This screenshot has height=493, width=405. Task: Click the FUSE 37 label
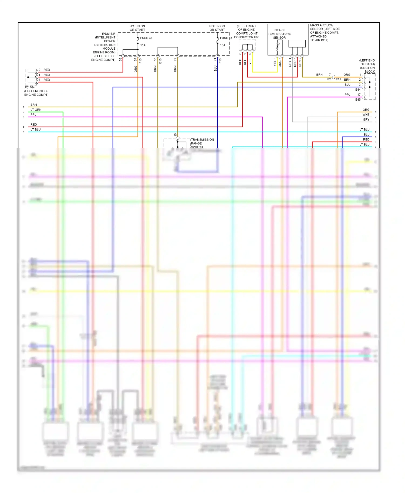(146, 38)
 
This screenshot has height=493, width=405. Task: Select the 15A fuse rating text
(143, 45)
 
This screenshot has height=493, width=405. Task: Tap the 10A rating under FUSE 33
(222, 45)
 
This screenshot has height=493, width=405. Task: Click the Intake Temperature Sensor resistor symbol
(277, 47)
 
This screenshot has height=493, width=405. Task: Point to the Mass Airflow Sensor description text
(325, 33)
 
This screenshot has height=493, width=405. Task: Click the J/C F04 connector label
(29, 87)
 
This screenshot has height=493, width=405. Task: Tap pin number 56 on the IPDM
(121, 59)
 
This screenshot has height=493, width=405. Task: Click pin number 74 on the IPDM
(215, 59)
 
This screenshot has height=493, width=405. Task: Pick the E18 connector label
(160, 61)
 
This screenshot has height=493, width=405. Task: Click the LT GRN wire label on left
(36, 110)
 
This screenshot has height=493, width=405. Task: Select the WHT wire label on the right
(366, 115)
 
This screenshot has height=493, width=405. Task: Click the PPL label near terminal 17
(347, 95)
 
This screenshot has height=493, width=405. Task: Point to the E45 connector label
(358, 100)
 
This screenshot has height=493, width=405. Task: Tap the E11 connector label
(338, 79)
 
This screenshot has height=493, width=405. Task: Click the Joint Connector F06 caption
(247, 32)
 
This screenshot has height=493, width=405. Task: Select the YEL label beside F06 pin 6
(250, 61)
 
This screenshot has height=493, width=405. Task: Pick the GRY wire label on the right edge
(366, 120)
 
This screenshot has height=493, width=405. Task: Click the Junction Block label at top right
(367, 66)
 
